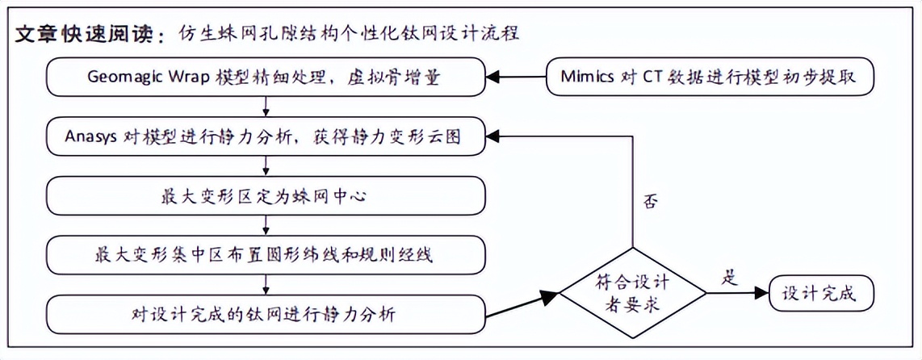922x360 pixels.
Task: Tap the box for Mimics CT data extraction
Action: (x=709, y=77)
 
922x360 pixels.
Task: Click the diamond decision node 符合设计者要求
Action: (x=632, y=292)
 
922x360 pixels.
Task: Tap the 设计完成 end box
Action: (x=821, y=293)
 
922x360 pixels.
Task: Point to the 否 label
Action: (x=648, y=202)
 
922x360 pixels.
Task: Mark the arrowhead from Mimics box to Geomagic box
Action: (x=492, y=77)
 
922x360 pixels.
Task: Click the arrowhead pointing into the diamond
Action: (x=551, y=298)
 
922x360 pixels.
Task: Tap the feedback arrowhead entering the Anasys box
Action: (x=492, y=137)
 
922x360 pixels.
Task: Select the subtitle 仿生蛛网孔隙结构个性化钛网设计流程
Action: (x=350, y=34)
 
